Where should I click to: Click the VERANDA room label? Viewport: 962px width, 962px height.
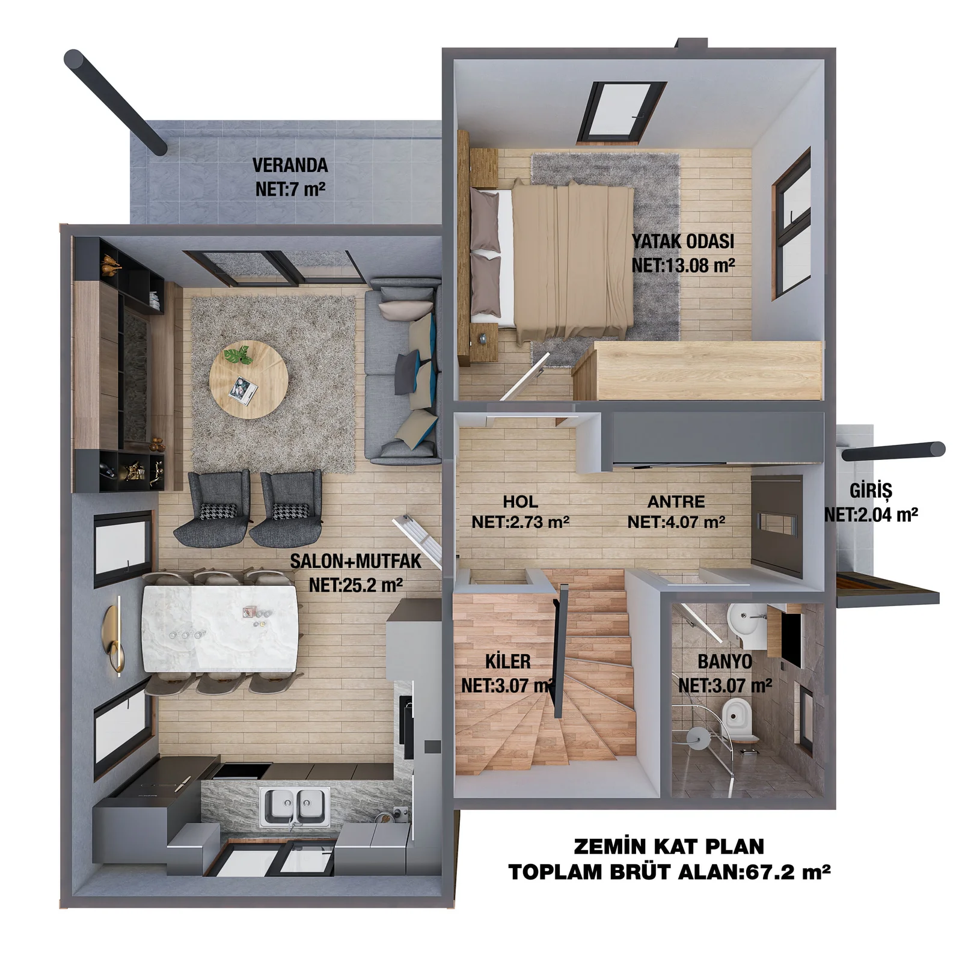tap(290, 165)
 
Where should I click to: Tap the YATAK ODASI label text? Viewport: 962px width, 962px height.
tap(683, 242)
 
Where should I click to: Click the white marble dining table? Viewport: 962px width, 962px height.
tap(220, 629)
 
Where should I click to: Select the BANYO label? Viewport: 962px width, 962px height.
tap(725, 662)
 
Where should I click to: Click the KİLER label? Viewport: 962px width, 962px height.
tap(508, 661)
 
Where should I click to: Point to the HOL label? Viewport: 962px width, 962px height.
tap(521, 501)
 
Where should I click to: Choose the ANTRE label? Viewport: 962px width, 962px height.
tap(676, 501)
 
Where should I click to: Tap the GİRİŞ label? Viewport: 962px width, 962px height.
tap(871, 491)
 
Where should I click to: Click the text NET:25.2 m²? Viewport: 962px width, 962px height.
tap(356, 585)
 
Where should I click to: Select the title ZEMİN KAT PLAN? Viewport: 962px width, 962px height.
tap(669, 847)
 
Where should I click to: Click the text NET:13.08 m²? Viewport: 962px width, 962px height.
tap(683, 265)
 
